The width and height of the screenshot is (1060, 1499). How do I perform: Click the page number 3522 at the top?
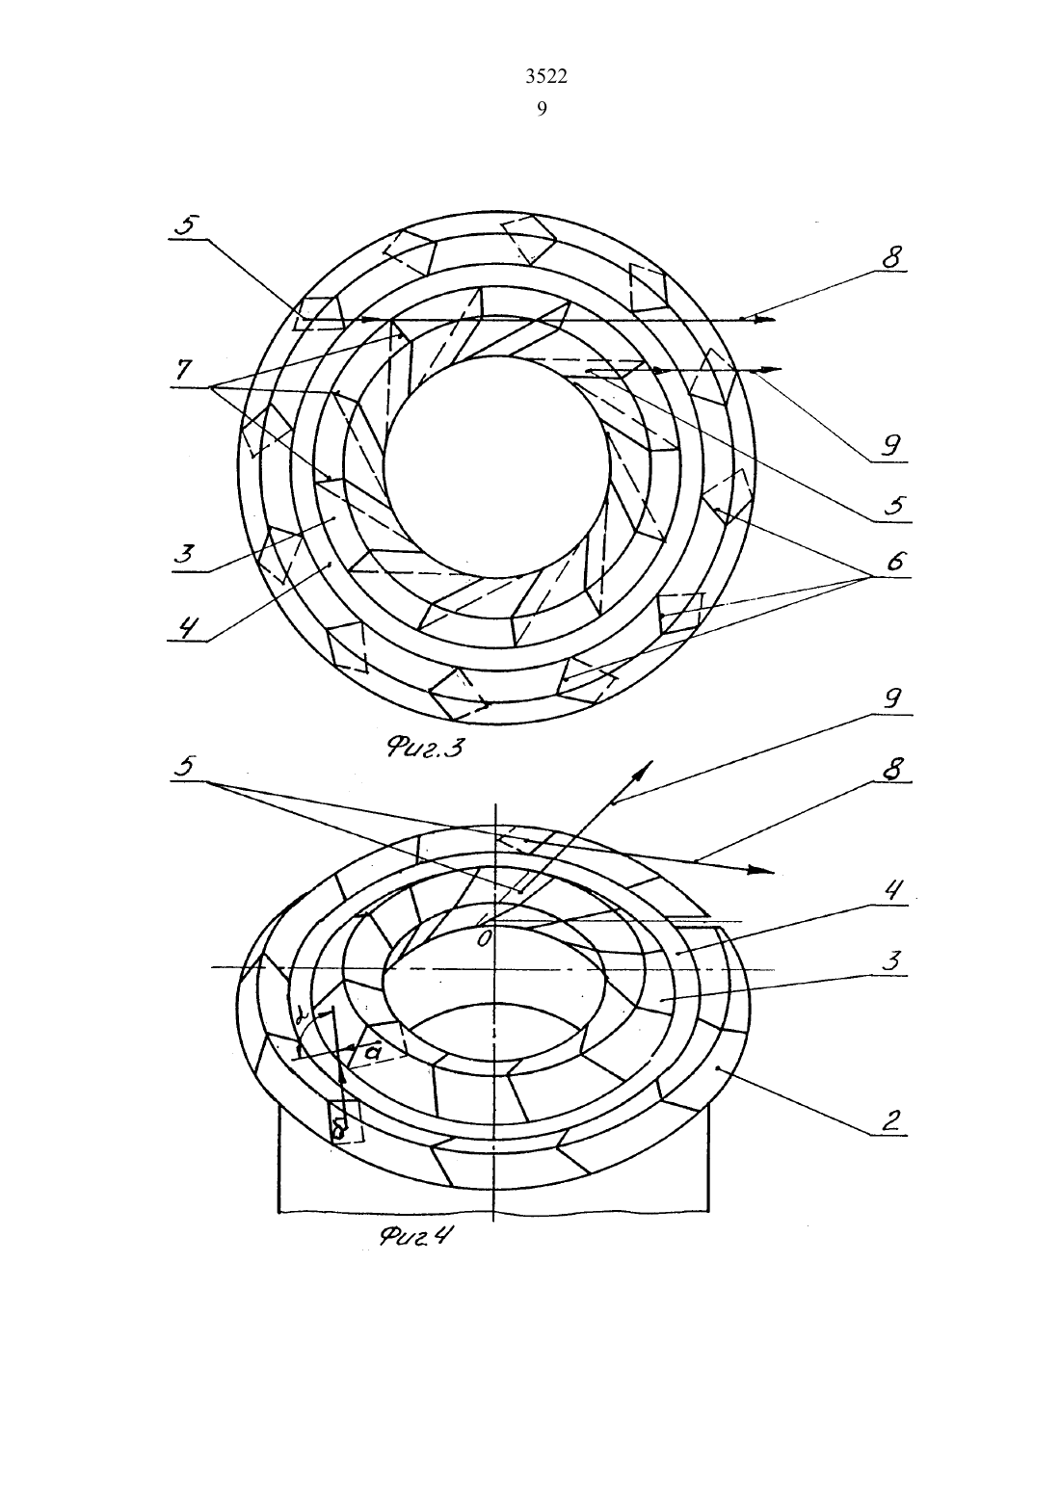(x=546, y=77)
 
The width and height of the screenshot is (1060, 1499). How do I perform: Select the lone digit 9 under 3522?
(x=542, y=109)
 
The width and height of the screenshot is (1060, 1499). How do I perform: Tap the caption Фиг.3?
(x=424, y=748)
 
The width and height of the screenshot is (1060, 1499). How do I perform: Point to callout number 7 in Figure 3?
(x=183, y=372)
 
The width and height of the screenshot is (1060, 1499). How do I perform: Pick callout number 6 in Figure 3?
(x=894, y=561)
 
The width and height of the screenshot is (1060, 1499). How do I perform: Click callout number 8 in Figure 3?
(x=890, y=257)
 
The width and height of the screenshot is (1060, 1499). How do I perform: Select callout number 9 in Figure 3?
(x=890, y=445)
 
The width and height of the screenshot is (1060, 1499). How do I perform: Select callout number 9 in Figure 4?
(x=892, y=698)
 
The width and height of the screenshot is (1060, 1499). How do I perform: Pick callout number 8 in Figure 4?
(x=890, y=769)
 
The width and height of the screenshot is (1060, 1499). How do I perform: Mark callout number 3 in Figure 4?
(x=891, y=961)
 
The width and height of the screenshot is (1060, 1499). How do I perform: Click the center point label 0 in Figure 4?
(x=484, y=939)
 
